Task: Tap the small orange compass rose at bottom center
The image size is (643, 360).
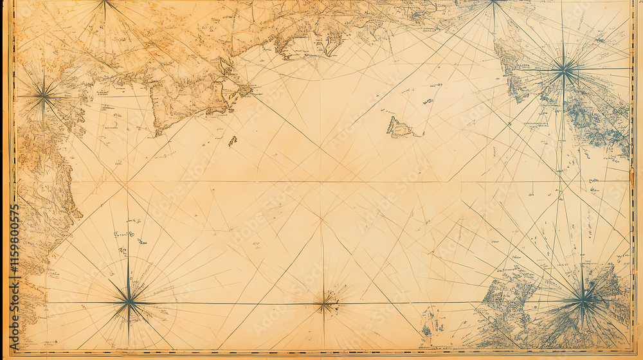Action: [x=325, y=302]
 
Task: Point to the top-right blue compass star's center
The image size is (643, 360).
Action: [x=564, y=69]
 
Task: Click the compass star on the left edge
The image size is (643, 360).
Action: [x=43, y=97]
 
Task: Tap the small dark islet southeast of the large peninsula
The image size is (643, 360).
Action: [x=232, y=140]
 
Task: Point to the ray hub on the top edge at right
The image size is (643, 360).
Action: [x=493, y=3]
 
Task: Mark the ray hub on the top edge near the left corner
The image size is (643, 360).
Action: [x=104, y=3]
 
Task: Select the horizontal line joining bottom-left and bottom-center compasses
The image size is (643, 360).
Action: [x=225, y=302]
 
